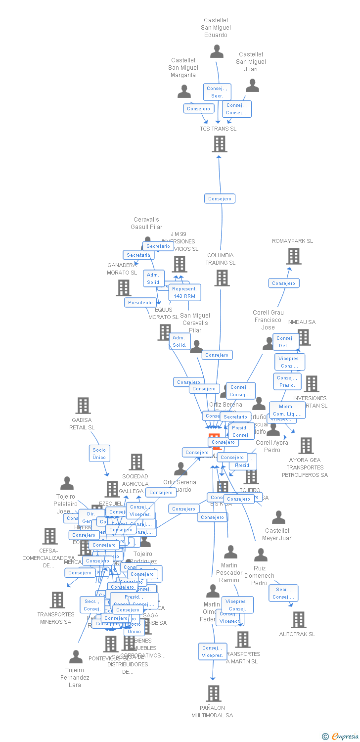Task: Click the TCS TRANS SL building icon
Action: coord(220,144)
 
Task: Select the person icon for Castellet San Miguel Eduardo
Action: coord(217,51)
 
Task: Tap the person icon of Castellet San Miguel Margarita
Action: coord(184,92)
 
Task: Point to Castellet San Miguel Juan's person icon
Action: coord(252,86)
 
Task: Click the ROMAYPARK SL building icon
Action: coord(294,256)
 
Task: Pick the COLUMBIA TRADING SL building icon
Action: coord(222,278)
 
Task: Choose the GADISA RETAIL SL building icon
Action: coord(83,406)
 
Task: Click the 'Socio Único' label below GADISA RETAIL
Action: coord(99,453)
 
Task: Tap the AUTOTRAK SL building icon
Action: coord(299,619)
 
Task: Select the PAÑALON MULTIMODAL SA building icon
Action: coord(214,694)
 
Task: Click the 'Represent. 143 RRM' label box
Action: coord(184,292)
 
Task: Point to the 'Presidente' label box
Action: coord(140,302)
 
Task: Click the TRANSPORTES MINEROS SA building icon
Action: coord(57,600)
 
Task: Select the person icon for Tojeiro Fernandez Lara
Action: coord(76,657)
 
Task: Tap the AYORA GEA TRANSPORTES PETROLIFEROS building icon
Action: coord(306,446)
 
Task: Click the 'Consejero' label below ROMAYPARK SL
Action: coord(283,283)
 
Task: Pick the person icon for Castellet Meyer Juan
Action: coord(278,517)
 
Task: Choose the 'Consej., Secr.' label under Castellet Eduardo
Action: coord(217,92)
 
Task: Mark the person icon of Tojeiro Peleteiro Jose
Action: coord(67,483)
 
